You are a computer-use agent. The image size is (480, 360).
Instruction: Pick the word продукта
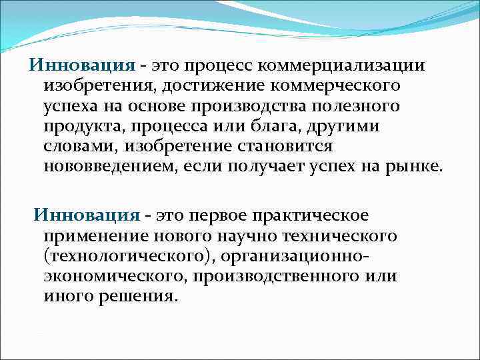click(81, 127)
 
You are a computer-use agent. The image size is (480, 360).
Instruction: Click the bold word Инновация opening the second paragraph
click(87, 216)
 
